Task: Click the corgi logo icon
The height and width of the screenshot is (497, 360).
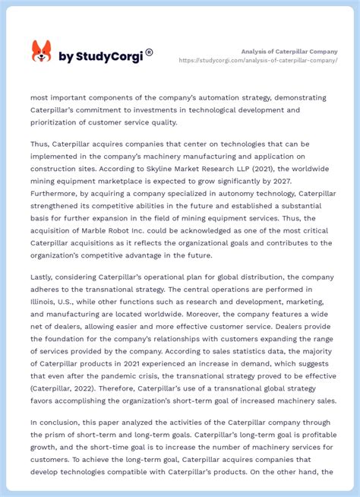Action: (41, 52)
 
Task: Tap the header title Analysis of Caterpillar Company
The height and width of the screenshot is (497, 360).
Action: (289, 51)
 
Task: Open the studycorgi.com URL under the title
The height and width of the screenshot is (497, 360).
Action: (258, 60)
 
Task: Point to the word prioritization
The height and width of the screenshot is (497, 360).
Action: (65, 122)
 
